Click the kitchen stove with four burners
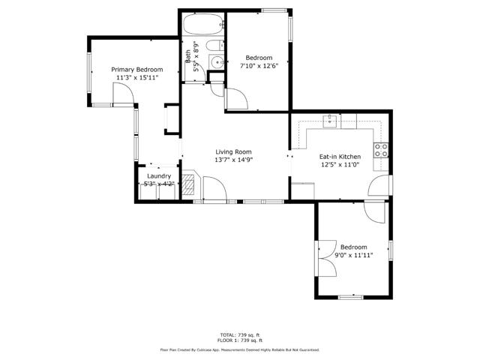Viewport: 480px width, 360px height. click(382, 148)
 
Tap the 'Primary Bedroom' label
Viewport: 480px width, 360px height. click(137, 70)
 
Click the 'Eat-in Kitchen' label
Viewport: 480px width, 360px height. click(340, 157)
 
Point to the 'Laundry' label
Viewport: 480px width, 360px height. click(158, 176)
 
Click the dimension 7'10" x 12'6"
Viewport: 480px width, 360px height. click(259, 66)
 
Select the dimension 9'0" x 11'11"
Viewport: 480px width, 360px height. click(353, 255)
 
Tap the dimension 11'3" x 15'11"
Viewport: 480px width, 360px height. click(137, 77)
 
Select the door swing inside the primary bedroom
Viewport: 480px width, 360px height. click(122, 93)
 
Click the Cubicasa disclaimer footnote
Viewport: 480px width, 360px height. click(239, 349)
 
